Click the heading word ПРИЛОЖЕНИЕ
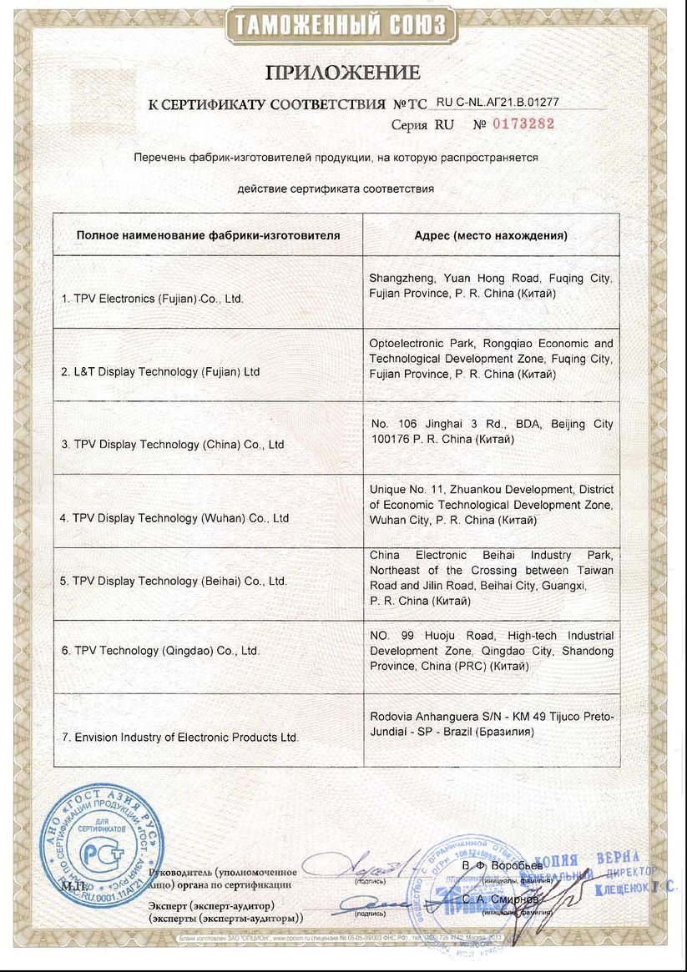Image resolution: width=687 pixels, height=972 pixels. click(x=342, y=72)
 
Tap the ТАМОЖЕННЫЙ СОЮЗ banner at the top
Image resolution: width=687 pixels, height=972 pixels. click(x=342, y=25)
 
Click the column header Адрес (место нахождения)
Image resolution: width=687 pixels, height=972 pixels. click(x=491, y=235)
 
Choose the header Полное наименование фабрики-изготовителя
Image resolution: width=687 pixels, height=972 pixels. click(x=208, y=235)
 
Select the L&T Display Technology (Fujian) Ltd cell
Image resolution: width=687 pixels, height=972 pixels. click(x=160, y=372)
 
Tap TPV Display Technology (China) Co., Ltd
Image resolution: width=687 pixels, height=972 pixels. click(x=172, y=445)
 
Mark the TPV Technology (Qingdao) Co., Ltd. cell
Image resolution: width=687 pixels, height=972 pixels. click(x=159, y=651)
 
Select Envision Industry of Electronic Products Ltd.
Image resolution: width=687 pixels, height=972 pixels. click(x=179, y=738)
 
